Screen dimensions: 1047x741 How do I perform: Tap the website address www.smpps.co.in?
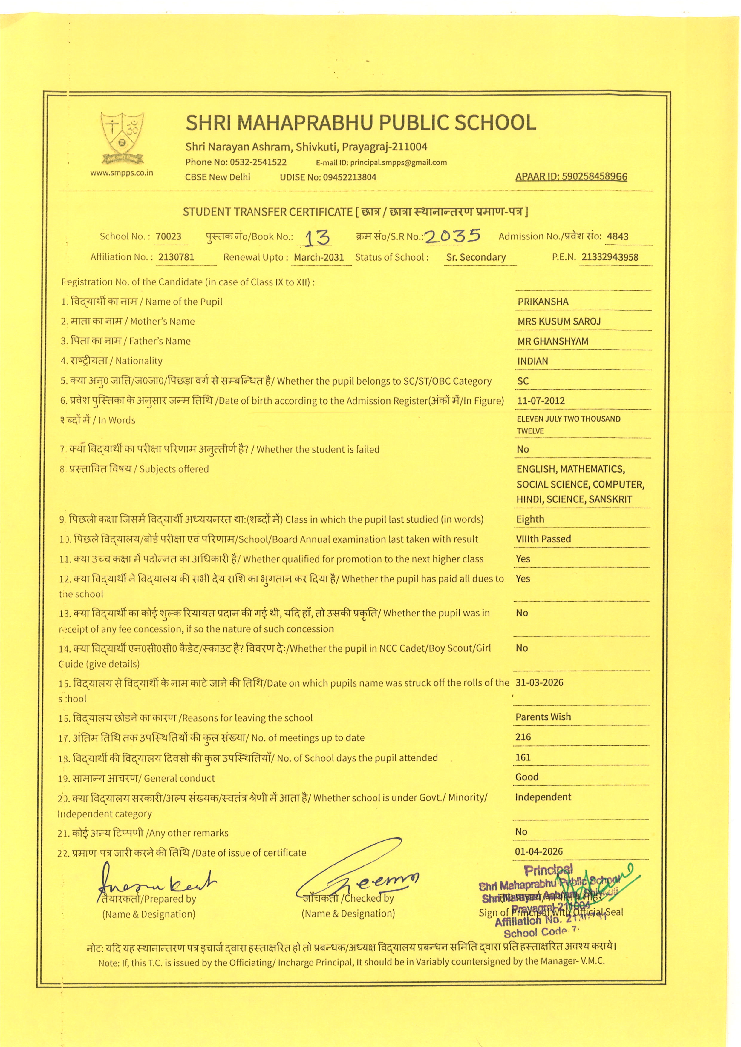121,173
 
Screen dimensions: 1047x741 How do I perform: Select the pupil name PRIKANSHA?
543,302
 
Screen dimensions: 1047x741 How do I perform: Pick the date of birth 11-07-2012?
541,401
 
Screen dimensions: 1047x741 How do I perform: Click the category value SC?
523,381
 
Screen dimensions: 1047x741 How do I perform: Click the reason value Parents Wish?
543,717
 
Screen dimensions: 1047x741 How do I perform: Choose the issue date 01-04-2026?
538,851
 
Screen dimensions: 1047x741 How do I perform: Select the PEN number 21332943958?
609,257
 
